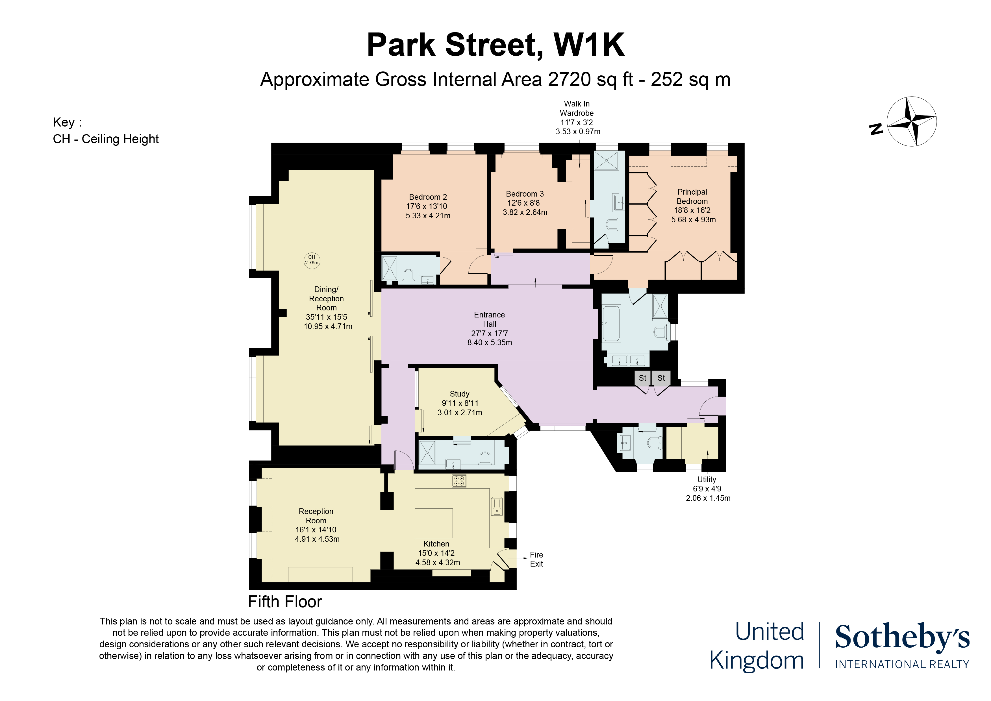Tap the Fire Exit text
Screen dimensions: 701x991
(x=536, y=560)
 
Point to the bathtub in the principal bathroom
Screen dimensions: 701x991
(x=611, y=323)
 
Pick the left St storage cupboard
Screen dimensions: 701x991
(x=642, y=378)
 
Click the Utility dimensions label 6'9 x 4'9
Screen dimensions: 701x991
(x=707, y=489)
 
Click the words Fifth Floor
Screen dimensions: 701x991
(x=285, y=602)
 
